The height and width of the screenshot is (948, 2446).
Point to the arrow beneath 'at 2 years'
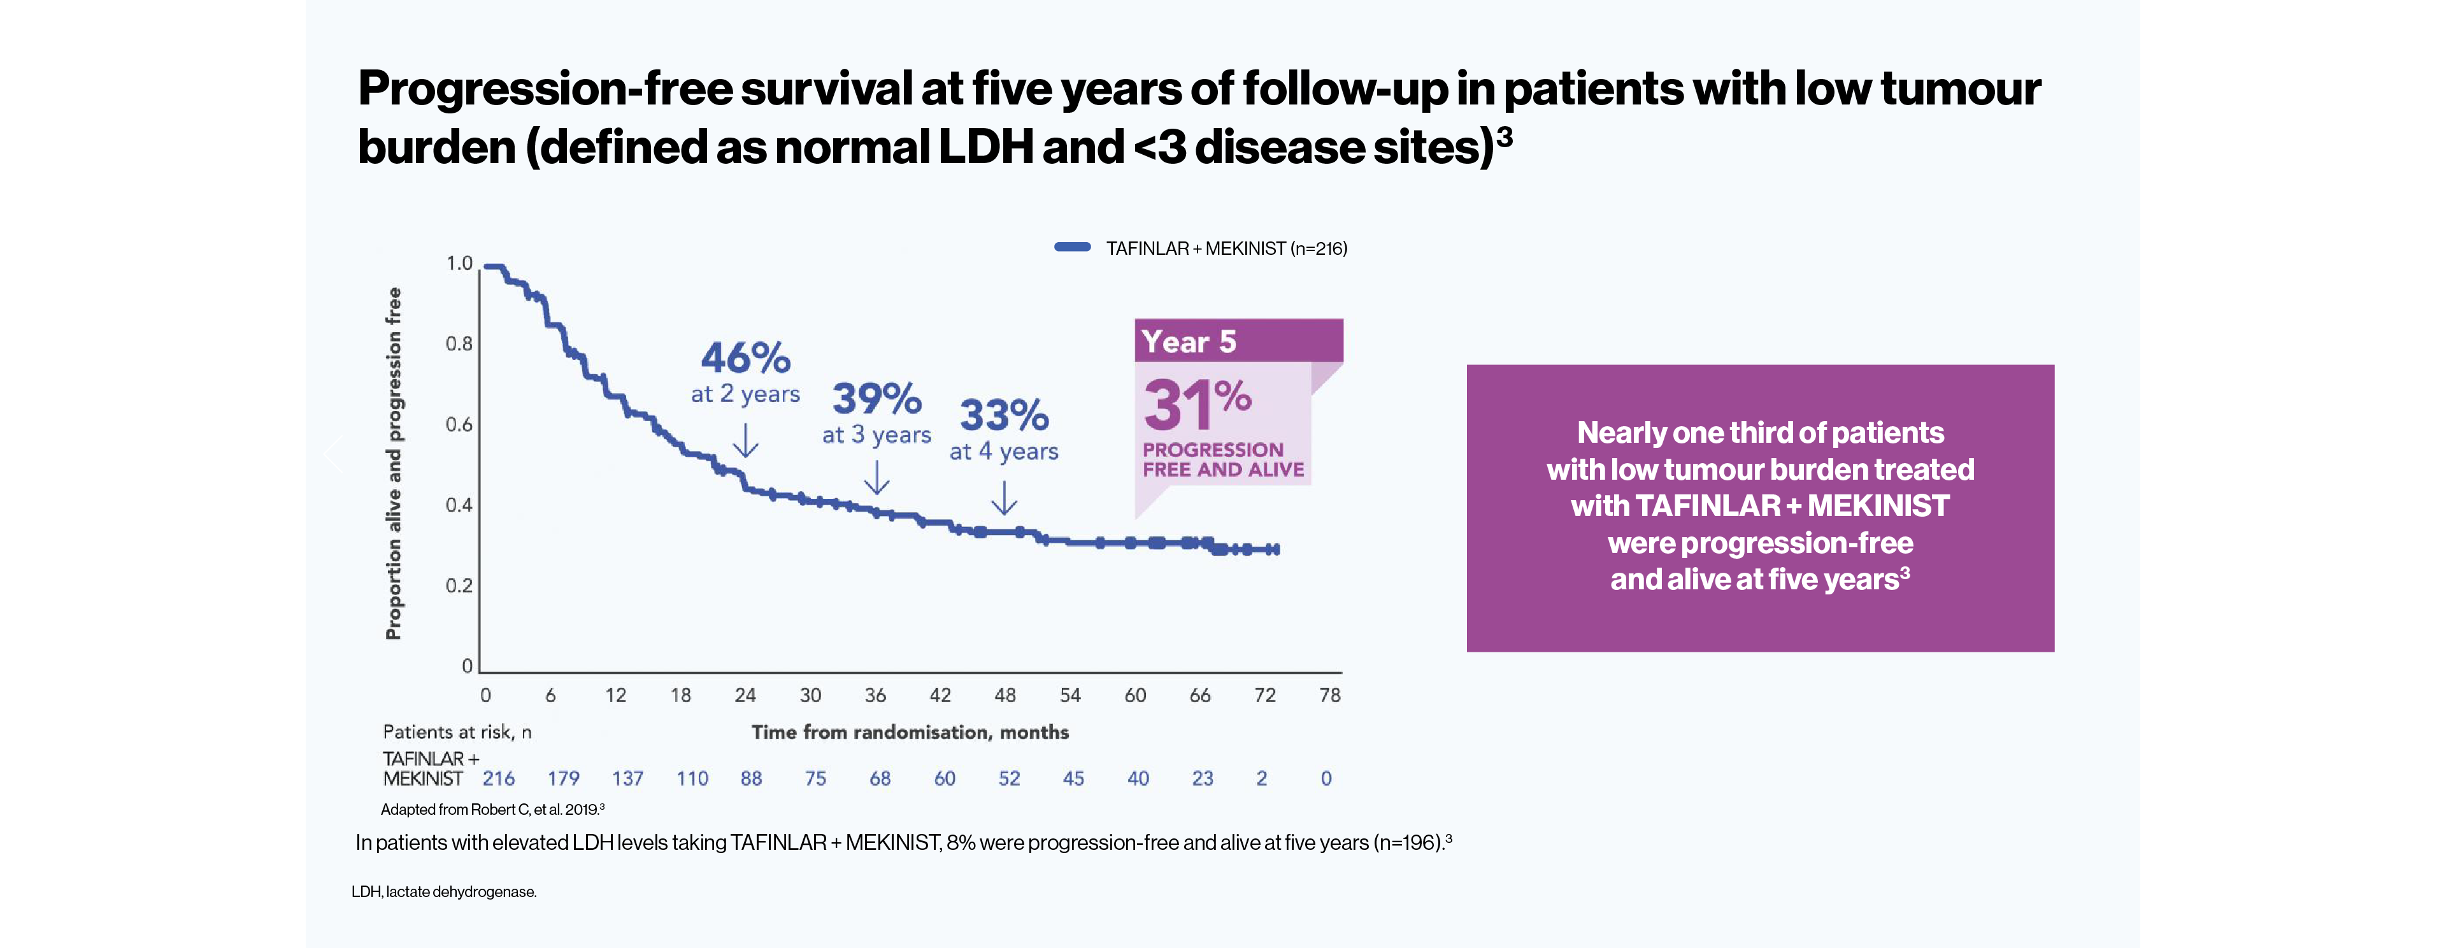(747, 440)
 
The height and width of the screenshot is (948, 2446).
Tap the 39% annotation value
(876, 399)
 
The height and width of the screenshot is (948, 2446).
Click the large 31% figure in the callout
(1196, 404)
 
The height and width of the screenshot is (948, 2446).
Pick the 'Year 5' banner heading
(1189, 342)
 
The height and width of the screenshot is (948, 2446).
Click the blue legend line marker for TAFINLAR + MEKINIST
(1072, 248)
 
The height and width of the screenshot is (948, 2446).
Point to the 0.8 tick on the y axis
(459, 344)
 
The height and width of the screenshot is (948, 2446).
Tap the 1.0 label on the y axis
(459, 263)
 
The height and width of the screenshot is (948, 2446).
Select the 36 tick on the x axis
(875, 695)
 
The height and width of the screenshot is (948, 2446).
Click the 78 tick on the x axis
(1329, 695)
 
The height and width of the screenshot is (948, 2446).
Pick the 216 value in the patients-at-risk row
(499, 779)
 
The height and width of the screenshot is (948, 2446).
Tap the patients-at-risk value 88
(751, 779)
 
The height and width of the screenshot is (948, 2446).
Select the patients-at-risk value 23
(1202, 779)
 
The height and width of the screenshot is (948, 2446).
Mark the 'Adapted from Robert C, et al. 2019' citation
(492, 809)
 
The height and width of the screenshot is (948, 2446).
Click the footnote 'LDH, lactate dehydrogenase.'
(443, 892)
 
